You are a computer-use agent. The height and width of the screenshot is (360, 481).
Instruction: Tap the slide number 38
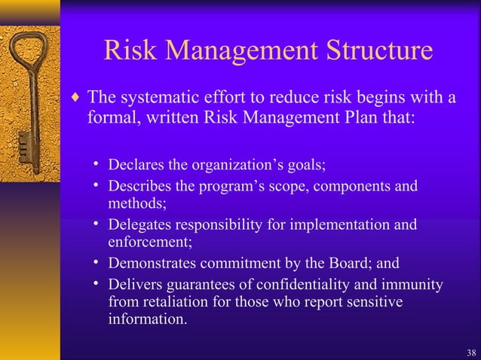[x=471, y=352]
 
